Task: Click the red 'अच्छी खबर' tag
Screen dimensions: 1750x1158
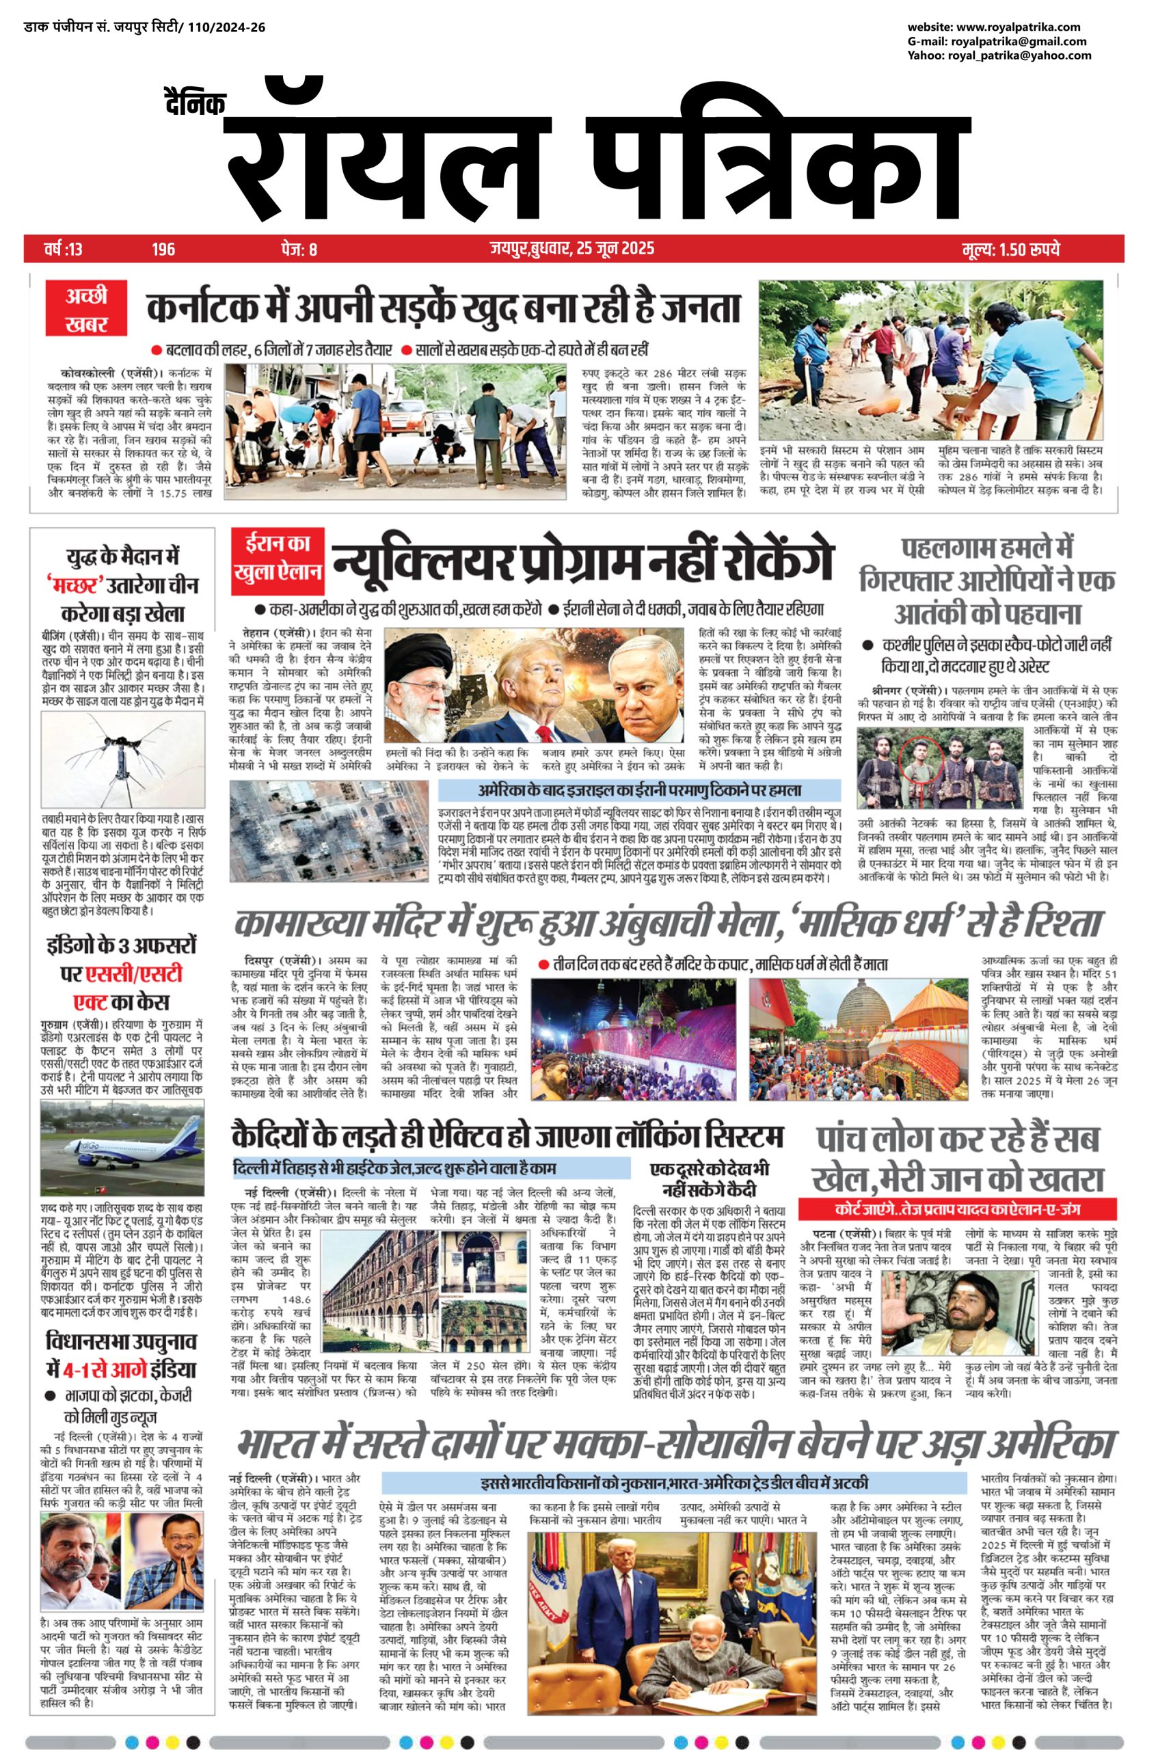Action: click(x=85, y=310)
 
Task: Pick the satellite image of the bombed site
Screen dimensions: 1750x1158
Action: click(x=329, y=829)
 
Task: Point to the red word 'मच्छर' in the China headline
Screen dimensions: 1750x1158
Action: click(x=74, y=586)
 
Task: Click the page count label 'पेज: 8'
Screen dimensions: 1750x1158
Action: click(x=299, y=249)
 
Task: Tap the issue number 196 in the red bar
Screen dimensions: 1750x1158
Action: click(x=163, y=249)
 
